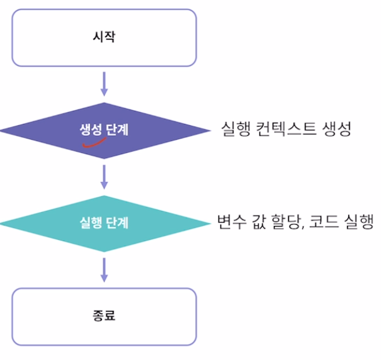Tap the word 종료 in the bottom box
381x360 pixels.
104,315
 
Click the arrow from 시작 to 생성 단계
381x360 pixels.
105,83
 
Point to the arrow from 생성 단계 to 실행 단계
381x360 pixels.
105,177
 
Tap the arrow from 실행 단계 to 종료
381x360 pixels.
105,269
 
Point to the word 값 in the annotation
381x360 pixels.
259,222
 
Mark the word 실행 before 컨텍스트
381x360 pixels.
236,130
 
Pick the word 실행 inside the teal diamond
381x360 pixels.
91,222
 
